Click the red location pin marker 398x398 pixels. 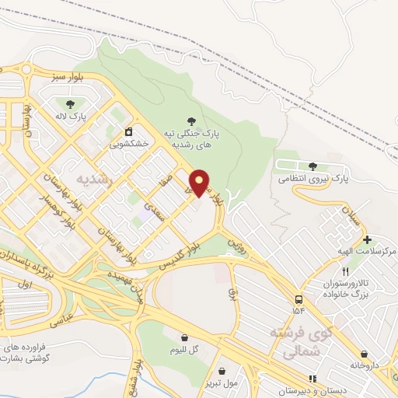pyautogui.click(x=200, y=182)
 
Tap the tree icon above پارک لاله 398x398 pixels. pyautogui.click(x=71, y=103)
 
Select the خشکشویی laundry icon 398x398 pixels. pyautogui.click(x=128, y=131)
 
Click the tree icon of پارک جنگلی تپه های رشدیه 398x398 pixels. pyautogui.click(x=191, y=120)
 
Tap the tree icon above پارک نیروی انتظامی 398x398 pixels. pyautogui.click(x=312, y=166)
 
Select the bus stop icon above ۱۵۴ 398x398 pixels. pyautogui.click(x=298, y=299)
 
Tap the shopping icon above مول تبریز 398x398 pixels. pyautogui.click(x=222, y=371)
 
